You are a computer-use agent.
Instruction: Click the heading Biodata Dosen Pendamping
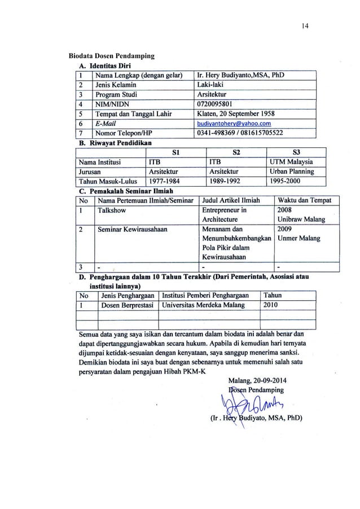tap(111, 56)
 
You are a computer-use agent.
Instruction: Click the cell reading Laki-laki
tap(210, 85)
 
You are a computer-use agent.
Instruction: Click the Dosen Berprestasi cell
tap(128, 305)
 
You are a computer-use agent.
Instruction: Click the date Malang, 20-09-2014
tap(264, 380)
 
